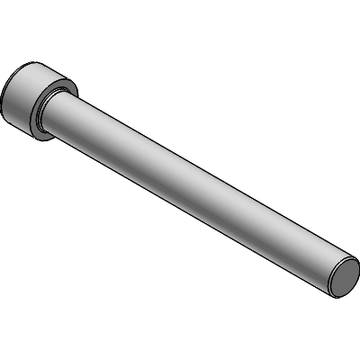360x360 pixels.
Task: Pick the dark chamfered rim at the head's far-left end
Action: click(x=4, y=101)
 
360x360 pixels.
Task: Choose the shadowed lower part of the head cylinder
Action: click(x=27, y=121)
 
